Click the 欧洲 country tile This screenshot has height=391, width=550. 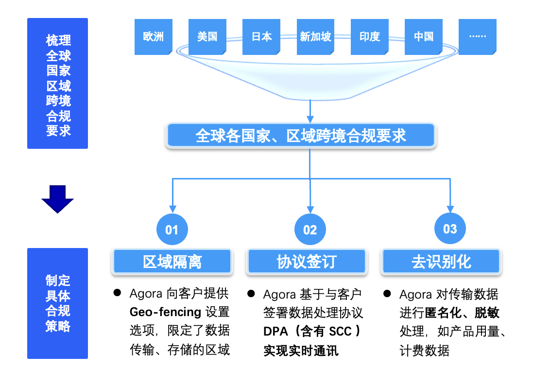click(x=154, y=36)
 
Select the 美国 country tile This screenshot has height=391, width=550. click(x=207, y=36)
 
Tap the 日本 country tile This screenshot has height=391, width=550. click(x=261, y=36)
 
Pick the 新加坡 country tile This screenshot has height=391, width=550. click(x=315, y=36)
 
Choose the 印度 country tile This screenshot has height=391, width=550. click(x=370, y=36)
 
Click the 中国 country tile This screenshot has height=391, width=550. click(x=424, y=36)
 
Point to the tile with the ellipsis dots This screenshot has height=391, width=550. click(x=478, y=36)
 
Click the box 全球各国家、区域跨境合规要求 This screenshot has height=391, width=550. click(x=301, y=135)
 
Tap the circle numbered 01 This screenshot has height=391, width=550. click(x=172, y=230)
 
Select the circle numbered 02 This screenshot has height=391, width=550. click(x=310, y=230)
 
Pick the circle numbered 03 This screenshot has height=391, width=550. click(x=450, y=229)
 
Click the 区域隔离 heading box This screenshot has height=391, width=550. click(x=172, y=262)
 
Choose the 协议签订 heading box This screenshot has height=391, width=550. click(x=307, y=262)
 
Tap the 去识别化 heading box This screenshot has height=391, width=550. click(x=441, y=262)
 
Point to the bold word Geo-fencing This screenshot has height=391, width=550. click(x=165, y=312)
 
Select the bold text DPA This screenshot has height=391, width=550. click(x=275, y=331)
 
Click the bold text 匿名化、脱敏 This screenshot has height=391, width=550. click(x=462, y=312)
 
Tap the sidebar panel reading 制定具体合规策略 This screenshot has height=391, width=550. click(x=58, y=303)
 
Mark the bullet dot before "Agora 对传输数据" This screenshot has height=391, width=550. click(x=387, y=293)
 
